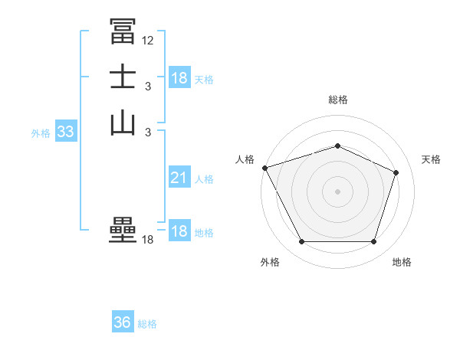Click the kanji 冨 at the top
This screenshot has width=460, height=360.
click(123, 31)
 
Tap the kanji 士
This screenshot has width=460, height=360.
click(123, 77)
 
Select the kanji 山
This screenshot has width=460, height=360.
click(123, 123)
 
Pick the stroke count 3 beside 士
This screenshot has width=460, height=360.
click(147, 87)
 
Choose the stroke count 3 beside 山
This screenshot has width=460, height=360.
click(147, 133)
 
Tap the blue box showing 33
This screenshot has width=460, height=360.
click(65, 133)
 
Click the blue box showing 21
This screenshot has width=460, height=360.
click(179, 178)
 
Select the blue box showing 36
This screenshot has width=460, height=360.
click(123, 322)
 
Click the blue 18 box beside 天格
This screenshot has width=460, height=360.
click(179, 78)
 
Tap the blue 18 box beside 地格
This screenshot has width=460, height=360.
click(179, 232)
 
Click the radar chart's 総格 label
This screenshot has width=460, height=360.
click(338, 100)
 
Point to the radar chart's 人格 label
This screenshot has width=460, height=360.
click(245, 159)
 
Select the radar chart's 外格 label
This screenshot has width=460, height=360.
click(270, 263)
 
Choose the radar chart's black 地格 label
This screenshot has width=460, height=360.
click(402, 263)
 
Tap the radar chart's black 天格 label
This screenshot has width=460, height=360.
click(431, 159)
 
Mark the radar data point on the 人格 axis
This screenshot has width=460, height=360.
click(264, 168)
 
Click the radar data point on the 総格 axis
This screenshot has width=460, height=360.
click(338, 146)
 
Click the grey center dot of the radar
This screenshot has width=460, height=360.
click(338, 191)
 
